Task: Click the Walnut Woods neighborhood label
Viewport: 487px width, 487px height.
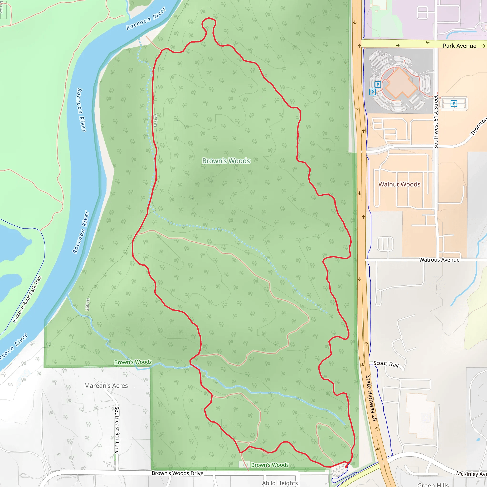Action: tap(399, 184)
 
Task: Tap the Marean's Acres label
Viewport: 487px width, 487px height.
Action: tap(106, 386)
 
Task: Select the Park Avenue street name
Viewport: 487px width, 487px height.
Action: tap(459, 46)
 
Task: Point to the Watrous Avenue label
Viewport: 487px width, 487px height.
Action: tap(439, 260)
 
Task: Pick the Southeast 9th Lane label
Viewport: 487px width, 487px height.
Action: tap(117, 430)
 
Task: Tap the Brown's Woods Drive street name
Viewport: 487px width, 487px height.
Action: tap(177, 473)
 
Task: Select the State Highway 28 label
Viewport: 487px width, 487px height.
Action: tap(371, 398)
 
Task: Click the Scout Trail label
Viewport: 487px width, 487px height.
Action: tap(386, 364)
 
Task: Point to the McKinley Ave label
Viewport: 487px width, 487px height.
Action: tap(471, 474)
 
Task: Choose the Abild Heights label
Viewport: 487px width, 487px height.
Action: tap(280, 483)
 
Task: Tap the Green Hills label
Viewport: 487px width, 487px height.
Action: tap(433, 484)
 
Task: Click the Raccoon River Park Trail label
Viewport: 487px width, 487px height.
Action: tap(27, 299)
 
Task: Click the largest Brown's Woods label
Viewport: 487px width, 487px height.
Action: tap(226, 161)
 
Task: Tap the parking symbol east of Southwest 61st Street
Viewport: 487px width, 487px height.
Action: tap(454, 103)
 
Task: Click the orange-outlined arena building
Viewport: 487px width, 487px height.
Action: tap(400, 83)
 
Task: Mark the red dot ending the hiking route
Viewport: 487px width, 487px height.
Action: tap(346, 467)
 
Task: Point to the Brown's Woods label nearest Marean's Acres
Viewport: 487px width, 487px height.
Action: tap(133, 362)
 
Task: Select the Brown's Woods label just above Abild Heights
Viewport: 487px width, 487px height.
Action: tap(270, 465)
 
